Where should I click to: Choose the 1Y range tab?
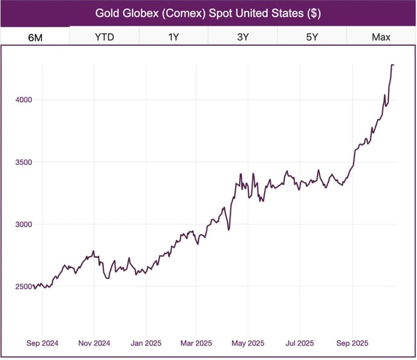pos(173,37)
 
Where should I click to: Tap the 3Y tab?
pos(243,37)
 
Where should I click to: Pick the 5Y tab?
pos(312,37)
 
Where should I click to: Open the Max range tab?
pos(381,37)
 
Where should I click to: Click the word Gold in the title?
pos(106,13)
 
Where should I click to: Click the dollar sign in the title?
pos(313,13)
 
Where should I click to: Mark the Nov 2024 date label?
pos(94,343)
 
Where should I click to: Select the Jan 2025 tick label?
pos(146,343)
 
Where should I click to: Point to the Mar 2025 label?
pos(196,343)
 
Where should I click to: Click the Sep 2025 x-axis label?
pos(352,343)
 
